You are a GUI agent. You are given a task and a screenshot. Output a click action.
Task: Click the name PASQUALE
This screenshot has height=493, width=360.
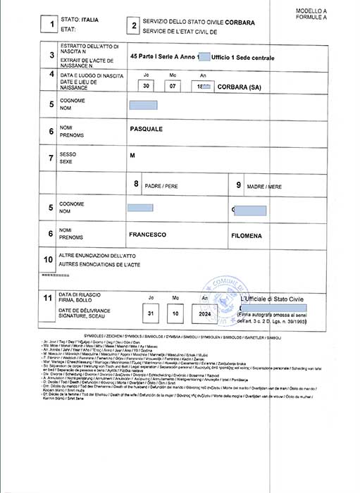pos(147,130)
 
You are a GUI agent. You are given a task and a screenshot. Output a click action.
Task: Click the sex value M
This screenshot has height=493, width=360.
pos(132,155)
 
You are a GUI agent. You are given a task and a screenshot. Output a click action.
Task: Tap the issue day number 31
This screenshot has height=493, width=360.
pos(151,312)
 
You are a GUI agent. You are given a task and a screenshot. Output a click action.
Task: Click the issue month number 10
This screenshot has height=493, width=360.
pos(178,312)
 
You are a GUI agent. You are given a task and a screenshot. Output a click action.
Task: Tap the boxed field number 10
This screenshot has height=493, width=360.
pos(49,259)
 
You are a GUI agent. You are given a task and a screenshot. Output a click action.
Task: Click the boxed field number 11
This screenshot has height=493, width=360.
pos(49,299)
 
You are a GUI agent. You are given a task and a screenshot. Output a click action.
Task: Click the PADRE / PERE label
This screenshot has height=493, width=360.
pos(161,186)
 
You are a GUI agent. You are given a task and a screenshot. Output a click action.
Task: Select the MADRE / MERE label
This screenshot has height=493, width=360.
pos(264,186)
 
